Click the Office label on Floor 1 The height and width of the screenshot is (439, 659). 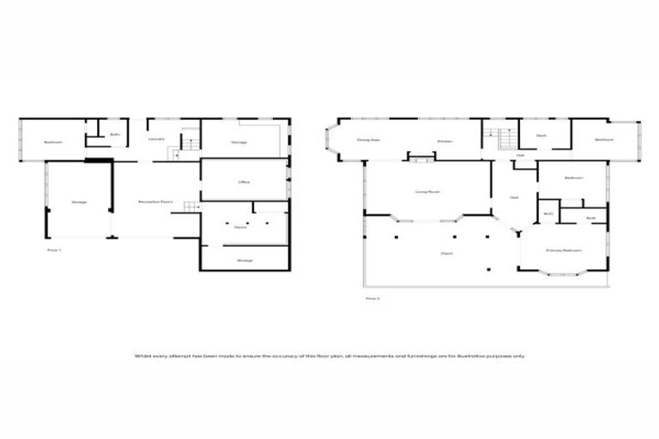click(x=244, y=183)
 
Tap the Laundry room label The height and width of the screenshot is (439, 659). click(x=156, y=138)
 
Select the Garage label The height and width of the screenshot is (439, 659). click(x=79, y=202)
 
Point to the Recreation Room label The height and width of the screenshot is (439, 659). click(x=155, y=202)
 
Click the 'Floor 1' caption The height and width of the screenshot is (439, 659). click(x=54, y=250)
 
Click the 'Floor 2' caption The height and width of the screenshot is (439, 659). click(x=372, y=298)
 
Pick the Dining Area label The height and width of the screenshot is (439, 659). click(x=368, y=141)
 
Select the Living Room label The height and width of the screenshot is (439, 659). click(x=426, y=192)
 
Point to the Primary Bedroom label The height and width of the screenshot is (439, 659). click(x=563, y=250)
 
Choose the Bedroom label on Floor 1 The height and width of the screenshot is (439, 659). click(x=53, y=142)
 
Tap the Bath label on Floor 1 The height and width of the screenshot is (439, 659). click(x=114, y=134)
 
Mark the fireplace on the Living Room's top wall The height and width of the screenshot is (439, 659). click(x=421, y=157)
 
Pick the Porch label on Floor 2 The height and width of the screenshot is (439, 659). click(x=446, y=254)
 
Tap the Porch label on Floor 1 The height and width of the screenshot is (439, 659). click(x=241, y=226)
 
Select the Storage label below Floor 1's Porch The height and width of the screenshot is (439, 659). click(x=245, y=260)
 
